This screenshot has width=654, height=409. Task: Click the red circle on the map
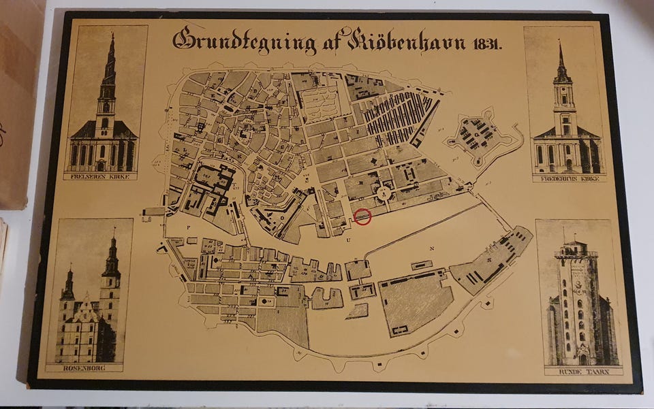coord(363,217)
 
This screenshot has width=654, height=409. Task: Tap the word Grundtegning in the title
coord(245,41)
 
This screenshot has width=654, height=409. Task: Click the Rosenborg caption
coord(84,368)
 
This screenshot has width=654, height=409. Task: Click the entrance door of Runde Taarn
coord(582,358)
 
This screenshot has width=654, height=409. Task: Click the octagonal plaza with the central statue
coord(384,193)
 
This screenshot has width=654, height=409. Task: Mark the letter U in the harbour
coord(348,240)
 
